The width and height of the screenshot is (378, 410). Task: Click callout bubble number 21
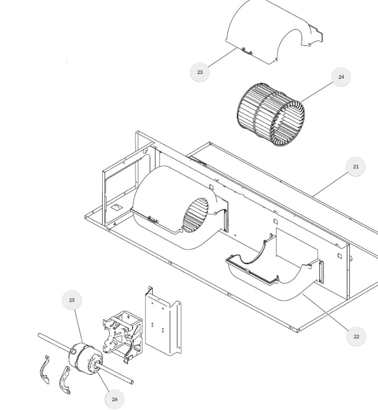pyautogui.click(x=355, y=167)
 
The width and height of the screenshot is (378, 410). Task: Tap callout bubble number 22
pyautogui.click(x=356, y=337)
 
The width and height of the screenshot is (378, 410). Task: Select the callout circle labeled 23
pyautogui.click(x=200, y=72)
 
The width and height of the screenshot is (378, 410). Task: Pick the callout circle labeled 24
pyautogui.click(x=341, y=77)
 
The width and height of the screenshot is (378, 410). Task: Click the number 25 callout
pyautogui.click(x=72, y=300)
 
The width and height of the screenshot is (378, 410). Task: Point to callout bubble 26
pyautogui.click(x=115, y=399)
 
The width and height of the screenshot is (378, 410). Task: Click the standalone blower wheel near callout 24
pyautogui.click(x=271, y=115)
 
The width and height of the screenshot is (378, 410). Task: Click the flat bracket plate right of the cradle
pyautogui.click(x=163, y=321)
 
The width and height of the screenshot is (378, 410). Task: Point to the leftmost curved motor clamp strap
pyautogui.click(x=44, y=370)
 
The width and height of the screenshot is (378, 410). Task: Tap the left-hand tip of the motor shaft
pyautogui.click(x=39, y=335)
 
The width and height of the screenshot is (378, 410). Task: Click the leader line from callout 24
pyautogui.click(x=318, y=92)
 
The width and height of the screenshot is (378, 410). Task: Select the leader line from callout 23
pyautogui.click(x=223, y=58)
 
